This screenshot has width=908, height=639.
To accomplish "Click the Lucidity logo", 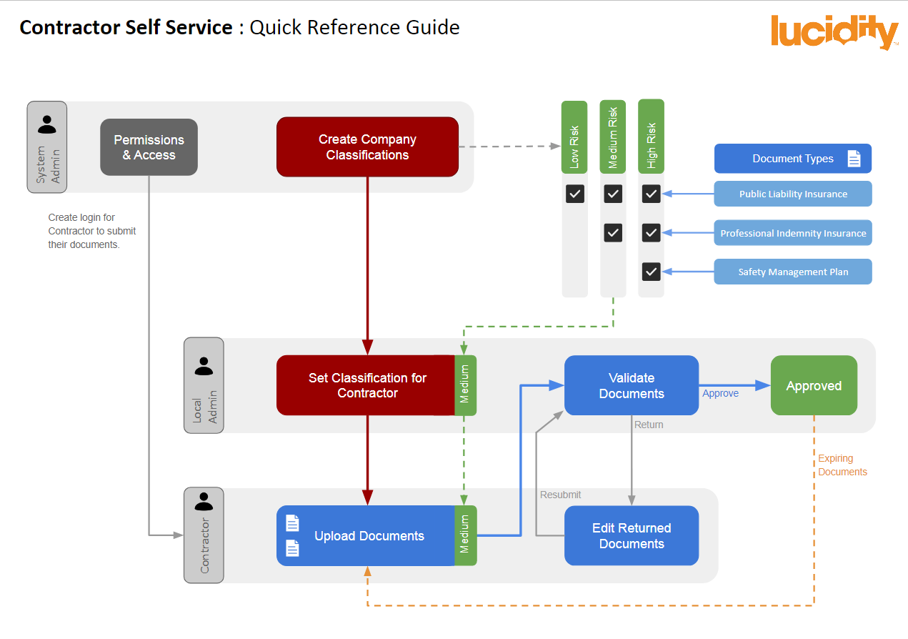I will click(834, 33).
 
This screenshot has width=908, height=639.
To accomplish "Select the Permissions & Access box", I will click(149, 147).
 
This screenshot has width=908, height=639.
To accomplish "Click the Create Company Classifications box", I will click(367, 147).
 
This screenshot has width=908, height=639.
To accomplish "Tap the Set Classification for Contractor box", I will click(366, 385).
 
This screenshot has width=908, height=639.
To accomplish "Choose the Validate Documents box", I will click(632, 385).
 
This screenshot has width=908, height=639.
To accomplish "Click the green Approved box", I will click(814, 386).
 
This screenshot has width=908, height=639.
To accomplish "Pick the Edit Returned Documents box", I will click(632, 536).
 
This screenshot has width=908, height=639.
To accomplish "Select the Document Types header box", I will click(793, 159).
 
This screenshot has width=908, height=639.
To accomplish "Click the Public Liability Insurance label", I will click(793, 194).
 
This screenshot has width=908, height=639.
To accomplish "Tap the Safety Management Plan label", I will click(793, 272).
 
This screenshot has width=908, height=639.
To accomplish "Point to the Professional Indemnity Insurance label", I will click(793, 233).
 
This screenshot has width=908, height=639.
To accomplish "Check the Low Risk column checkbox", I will click(575, 194).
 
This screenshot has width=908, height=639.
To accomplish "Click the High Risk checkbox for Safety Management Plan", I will click(651, 272).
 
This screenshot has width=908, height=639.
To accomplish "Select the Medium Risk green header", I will click(613, 137).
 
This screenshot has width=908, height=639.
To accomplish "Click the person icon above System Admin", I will click(47, 124).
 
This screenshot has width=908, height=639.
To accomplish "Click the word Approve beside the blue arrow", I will click(720, 393).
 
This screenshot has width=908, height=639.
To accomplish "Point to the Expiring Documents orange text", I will click(842, 465).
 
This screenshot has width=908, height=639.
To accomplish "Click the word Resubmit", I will click(560, 495).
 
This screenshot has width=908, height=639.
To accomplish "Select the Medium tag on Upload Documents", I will click(466, 536).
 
